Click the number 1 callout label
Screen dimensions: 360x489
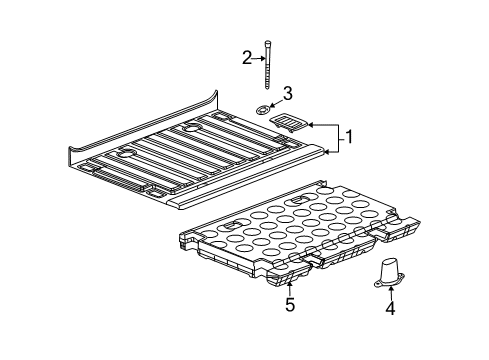(x=349, y=136)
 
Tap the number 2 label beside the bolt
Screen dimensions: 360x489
(x=246, y=58)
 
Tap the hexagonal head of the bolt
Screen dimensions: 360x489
(x=269, y=42)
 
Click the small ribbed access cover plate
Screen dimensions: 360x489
(x=290, y=124)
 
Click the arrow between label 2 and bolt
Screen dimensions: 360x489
(x=258, y=58)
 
